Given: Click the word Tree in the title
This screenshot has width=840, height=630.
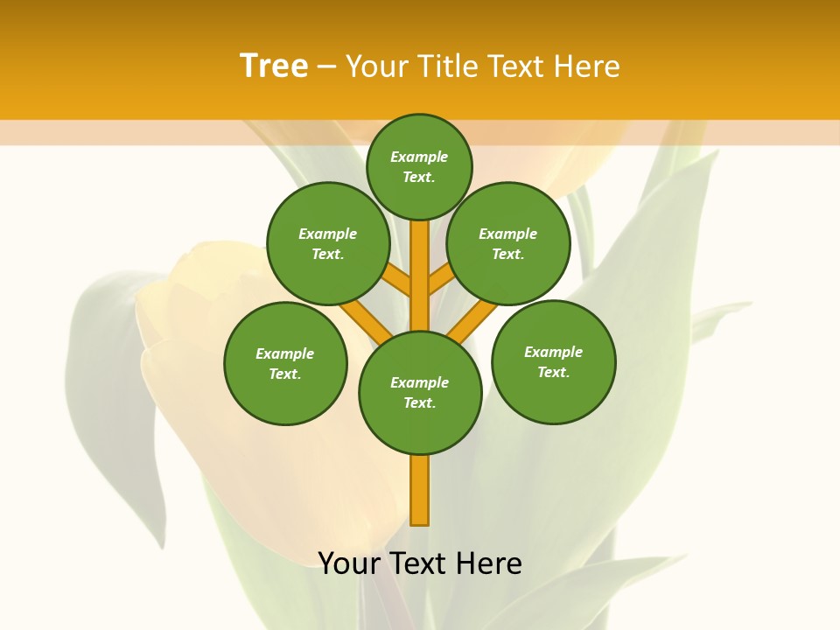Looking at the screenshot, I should click(274, 66).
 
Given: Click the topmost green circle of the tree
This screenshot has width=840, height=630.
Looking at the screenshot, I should click(419, 166).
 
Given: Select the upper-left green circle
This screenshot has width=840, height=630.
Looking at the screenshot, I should click(328, 244).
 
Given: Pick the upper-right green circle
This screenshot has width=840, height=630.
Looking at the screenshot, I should click(507, 244).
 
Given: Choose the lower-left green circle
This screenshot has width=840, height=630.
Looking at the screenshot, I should click(285, 363).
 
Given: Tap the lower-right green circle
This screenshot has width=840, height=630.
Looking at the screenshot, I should click(553, 361).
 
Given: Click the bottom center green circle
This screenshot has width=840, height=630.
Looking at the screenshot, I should click(420, 393).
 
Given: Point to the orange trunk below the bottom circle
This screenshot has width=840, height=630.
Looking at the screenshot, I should click(420, 490).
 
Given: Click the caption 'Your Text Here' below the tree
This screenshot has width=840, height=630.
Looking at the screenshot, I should click(420, 563).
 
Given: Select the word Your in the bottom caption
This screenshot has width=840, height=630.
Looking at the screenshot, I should click(349, 563).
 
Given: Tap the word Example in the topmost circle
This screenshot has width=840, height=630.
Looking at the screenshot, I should click(419, 157).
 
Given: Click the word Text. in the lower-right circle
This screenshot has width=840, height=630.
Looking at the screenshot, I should click(553, 372).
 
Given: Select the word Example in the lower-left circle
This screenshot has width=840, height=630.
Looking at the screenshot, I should click(285, 353).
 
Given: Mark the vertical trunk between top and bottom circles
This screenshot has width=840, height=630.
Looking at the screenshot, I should click(420, 271).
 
